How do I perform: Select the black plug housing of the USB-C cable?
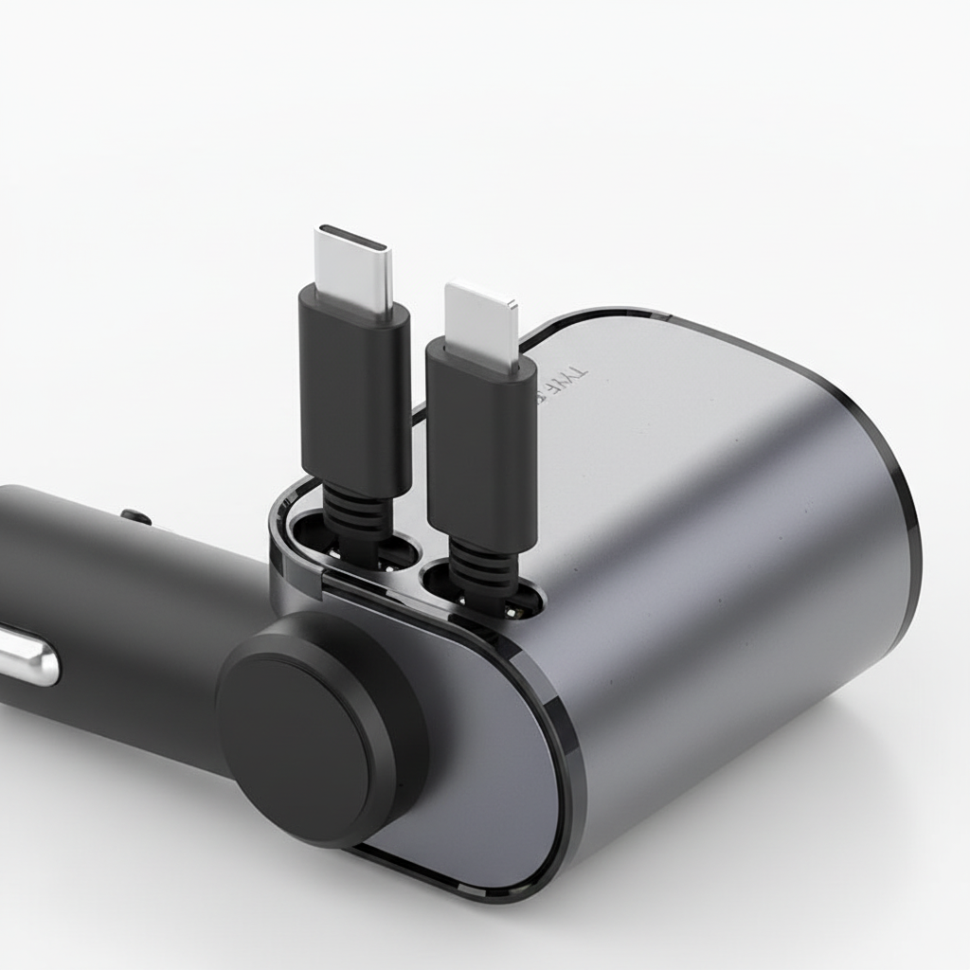pos(355,388)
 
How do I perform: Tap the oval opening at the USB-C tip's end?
pos(353,237)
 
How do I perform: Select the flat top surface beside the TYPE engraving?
pos(682,398)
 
